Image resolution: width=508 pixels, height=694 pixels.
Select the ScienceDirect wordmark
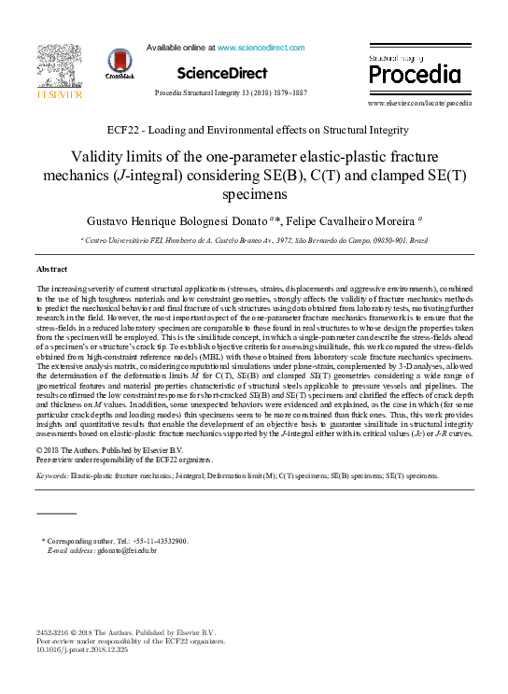pyautogui.click(x=221, y=73)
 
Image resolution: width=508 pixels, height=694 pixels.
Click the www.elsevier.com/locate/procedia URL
pyautogui.click(x=426, y=104)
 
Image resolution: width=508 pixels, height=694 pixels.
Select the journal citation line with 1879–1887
pyautogui.click(x=230, y=94)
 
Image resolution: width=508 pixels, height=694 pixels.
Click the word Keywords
pyautogui.click(x=51, y=475)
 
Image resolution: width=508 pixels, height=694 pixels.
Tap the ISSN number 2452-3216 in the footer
pyautogui.click(x=54, y=632)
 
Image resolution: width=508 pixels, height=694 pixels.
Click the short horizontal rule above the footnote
pyautogui.click(x=56, y=513)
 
